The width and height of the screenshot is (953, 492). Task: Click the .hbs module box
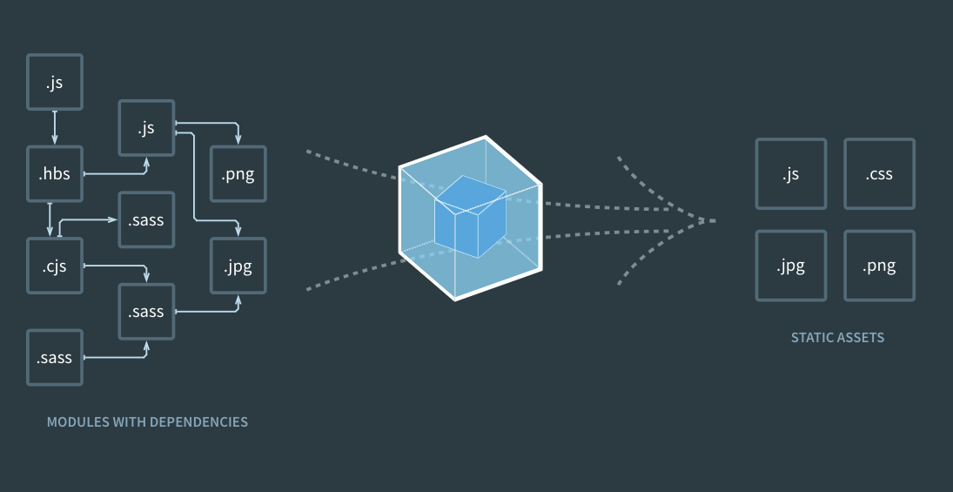55,174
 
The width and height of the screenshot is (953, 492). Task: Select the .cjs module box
55,266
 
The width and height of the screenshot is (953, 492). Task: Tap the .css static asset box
880,174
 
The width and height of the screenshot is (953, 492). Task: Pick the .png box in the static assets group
880,266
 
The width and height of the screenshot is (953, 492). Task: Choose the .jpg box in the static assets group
791,266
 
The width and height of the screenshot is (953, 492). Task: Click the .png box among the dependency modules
238,174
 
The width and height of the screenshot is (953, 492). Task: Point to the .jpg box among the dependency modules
238,266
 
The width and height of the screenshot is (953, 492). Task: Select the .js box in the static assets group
791,174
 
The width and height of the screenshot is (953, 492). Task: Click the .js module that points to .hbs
55,82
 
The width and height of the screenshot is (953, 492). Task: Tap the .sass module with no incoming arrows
55,358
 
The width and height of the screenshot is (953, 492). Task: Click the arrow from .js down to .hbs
55,128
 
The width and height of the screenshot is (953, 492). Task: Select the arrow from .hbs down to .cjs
50,219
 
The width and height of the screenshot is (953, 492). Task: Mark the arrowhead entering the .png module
238,140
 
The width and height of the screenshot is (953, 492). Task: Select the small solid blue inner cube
470,217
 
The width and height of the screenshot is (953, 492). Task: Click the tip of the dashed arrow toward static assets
716,221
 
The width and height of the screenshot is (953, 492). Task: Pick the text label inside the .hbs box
54,174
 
